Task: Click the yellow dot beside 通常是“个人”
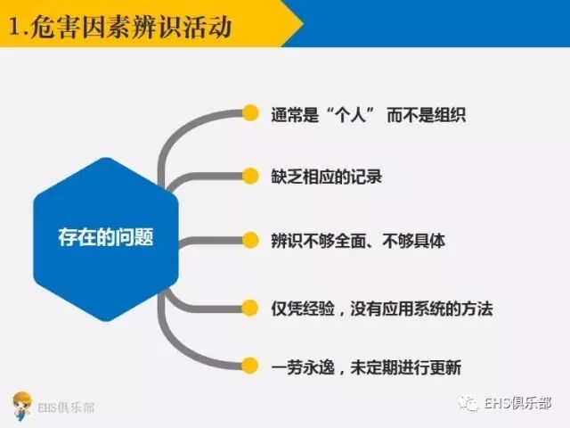click(x=249, y=113)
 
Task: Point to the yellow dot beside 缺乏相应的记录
click(x=249, y=176)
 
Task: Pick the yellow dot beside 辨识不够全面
click(x=249, y=240)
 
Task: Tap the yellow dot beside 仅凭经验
click(x=249, y=309)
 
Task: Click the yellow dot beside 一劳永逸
click(x=249, y=366)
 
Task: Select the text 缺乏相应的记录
click(x=326, y=176)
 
